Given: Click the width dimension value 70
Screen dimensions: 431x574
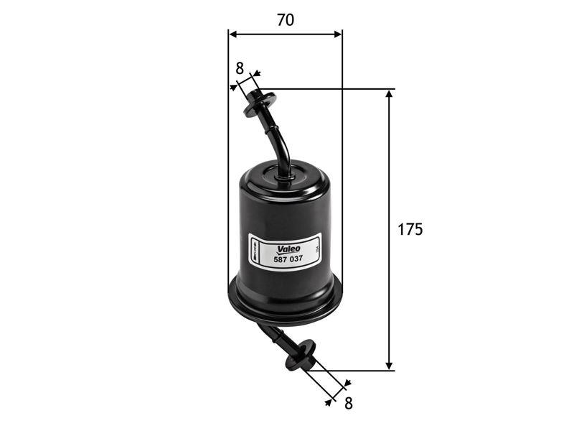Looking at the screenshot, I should [285, 20].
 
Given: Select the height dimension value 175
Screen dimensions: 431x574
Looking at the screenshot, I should [410, 230].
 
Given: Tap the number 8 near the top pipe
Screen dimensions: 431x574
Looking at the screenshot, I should [240, 68].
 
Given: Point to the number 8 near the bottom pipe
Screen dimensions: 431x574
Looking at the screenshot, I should [348, 403].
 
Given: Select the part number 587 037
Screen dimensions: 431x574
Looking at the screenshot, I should [288, 255].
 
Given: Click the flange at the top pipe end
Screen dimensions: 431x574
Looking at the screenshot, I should [259, 103].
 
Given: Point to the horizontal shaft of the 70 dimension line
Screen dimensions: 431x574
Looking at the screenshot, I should [285, 33].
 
